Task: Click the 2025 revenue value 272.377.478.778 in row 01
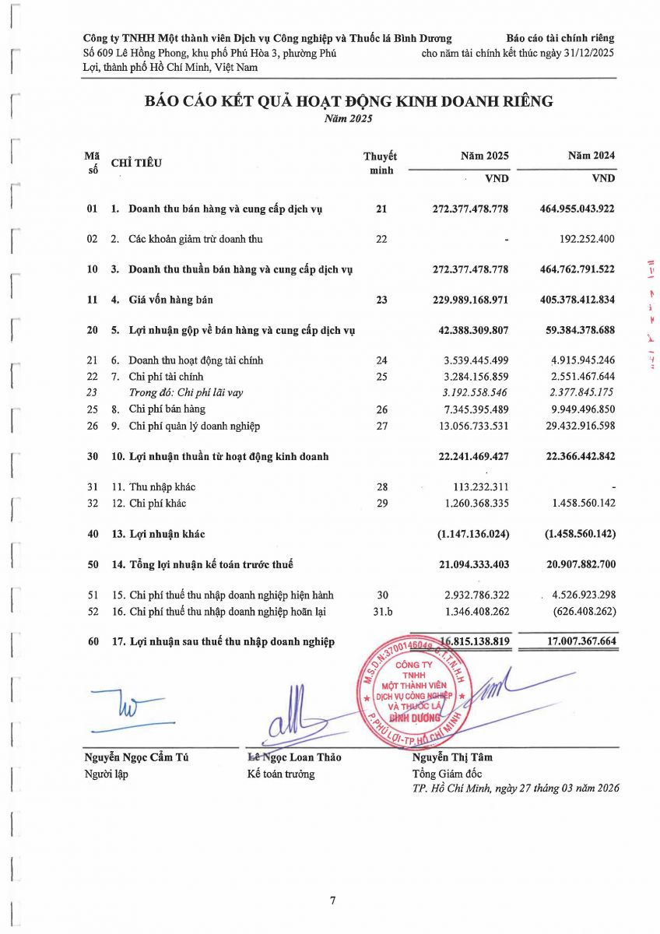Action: [470, 209]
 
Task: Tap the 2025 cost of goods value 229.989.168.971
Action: [470, 300]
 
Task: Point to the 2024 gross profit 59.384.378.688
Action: [577, 330]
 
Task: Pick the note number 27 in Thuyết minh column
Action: [381, 426]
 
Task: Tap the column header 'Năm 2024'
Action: [592, 156]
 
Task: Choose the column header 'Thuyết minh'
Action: [381, 163]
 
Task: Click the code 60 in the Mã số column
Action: [93, 642]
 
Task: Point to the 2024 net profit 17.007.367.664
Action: [577, 642]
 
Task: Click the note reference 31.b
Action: [381, 612]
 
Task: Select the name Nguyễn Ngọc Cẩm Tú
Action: [136, 757]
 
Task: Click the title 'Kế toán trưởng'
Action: [280, 774]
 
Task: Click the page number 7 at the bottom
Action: [332, 901]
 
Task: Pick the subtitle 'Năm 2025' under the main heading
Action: [348, 119]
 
